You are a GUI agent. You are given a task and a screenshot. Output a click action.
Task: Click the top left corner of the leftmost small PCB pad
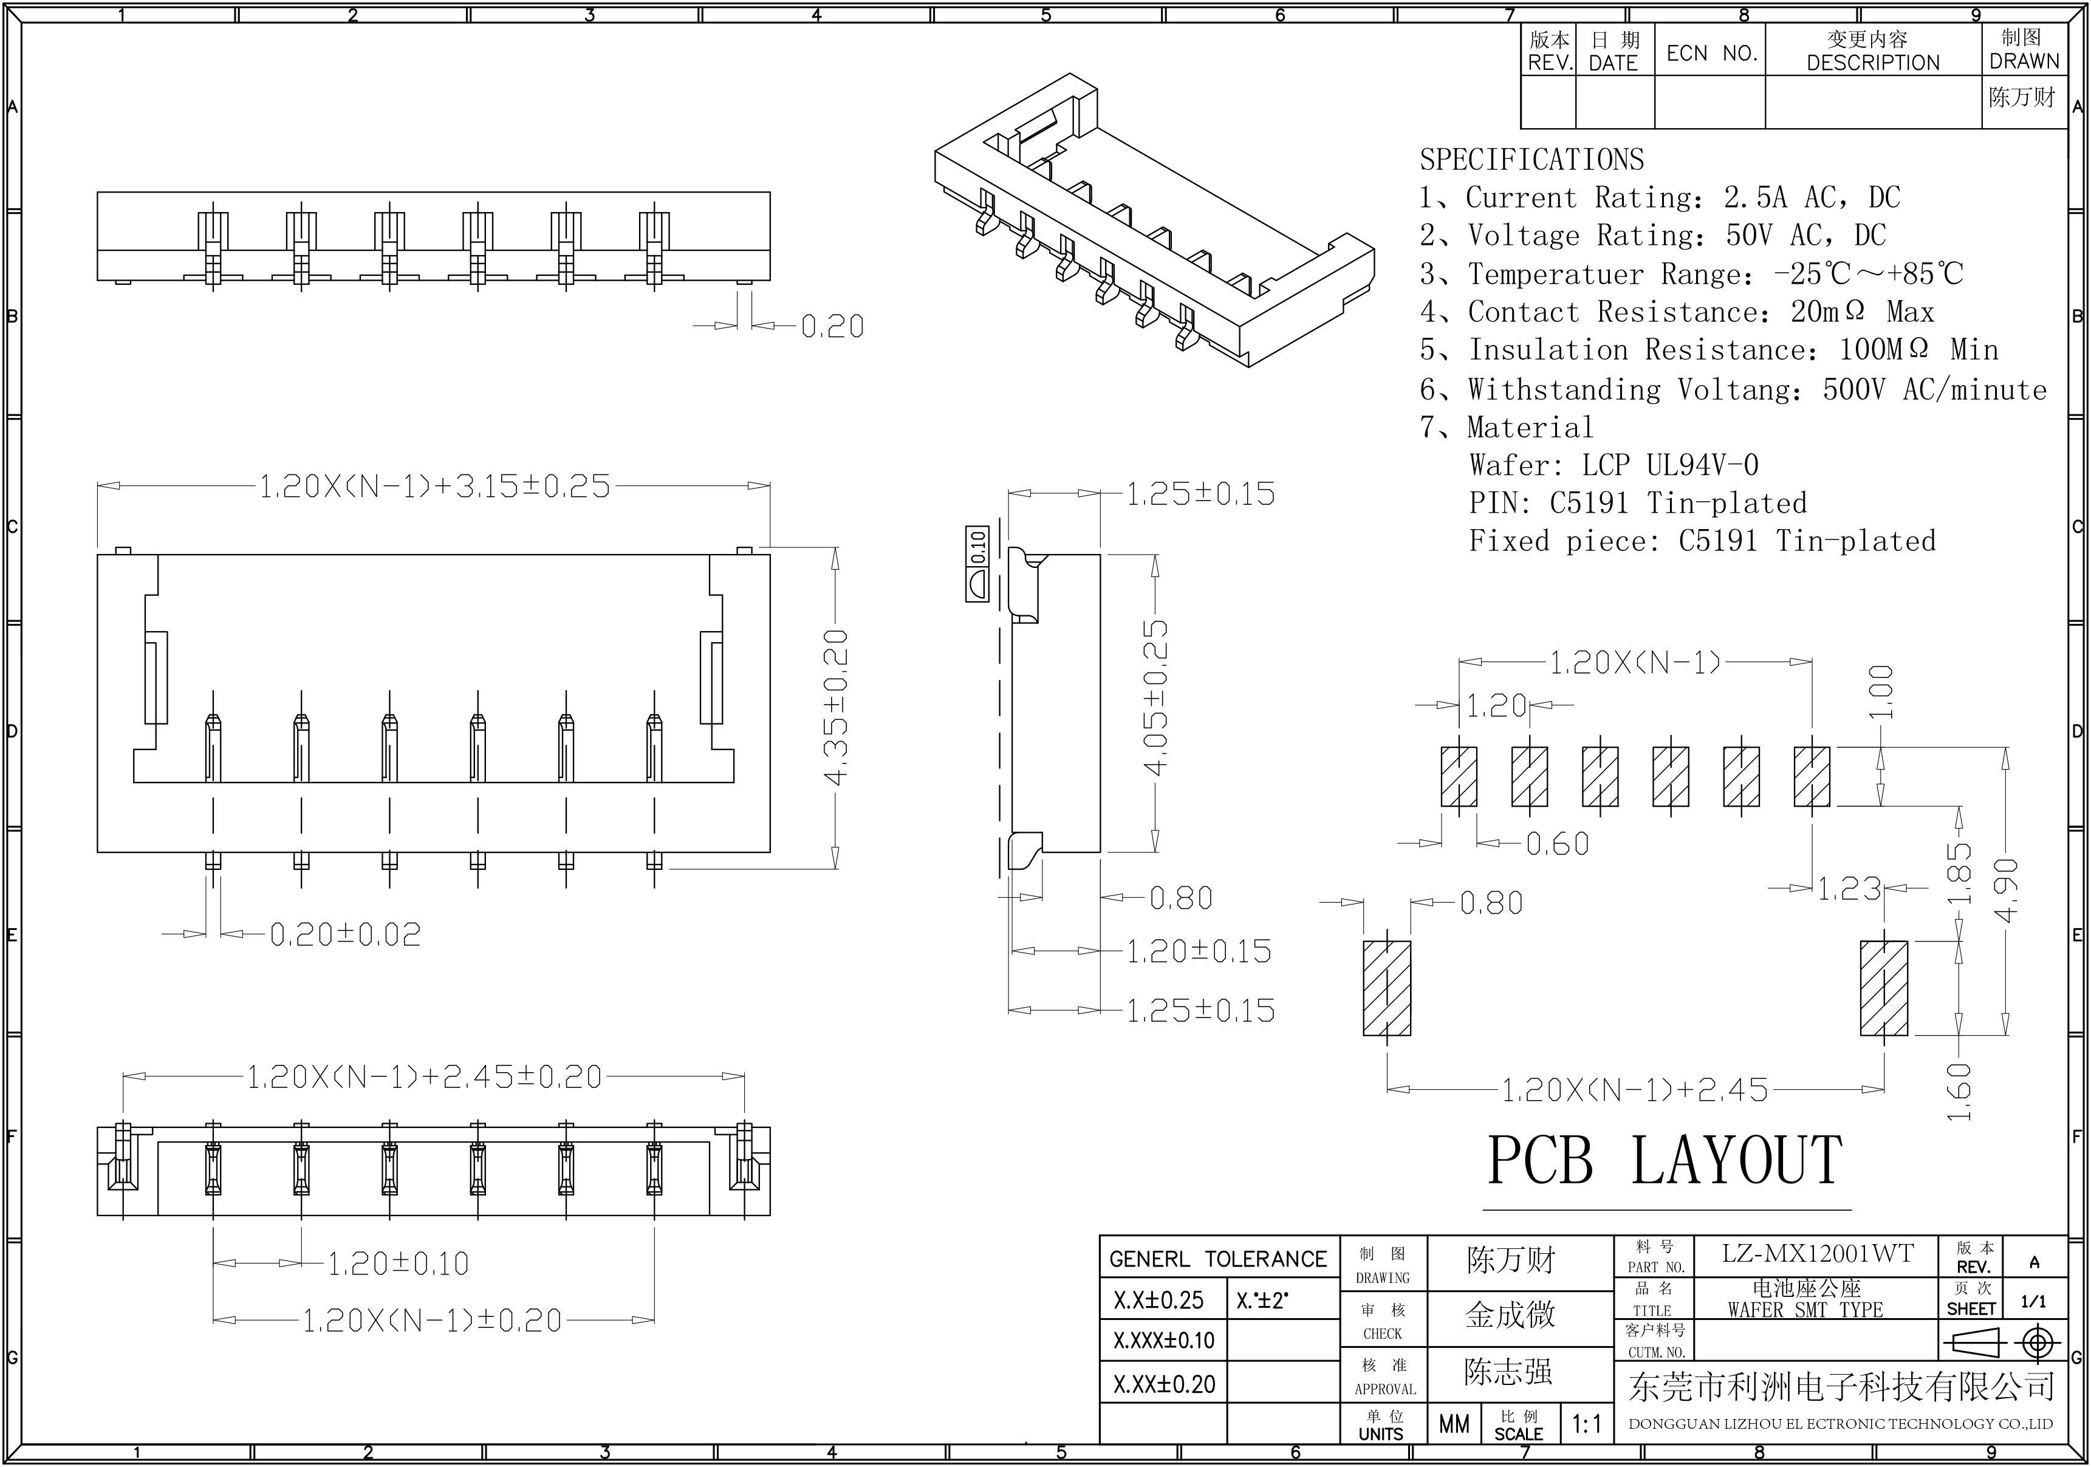(x=1442, y=748)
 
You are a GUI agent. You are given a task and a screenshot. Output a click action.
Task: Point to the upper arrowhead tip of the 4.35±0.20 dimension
(x=834, y=549)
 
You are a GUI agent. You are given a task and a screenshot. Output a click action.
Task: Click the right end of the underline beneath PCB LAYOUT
(x=1852, y=1210)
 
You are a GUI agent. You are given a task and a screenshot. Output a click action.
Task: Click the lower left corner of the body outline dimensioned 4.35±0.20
(x=97, y=852)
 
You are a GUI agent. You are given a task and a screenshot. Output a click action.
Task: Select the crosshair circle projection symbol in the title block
(x=2038, y=1342)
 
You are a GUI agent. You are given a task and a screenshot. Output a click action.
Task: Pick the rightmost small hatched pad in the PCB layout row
(x=1812, y=777)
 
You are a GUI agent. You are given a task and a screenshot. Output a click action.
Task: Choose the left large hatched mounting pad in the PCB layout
(x=1387, y=988)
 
